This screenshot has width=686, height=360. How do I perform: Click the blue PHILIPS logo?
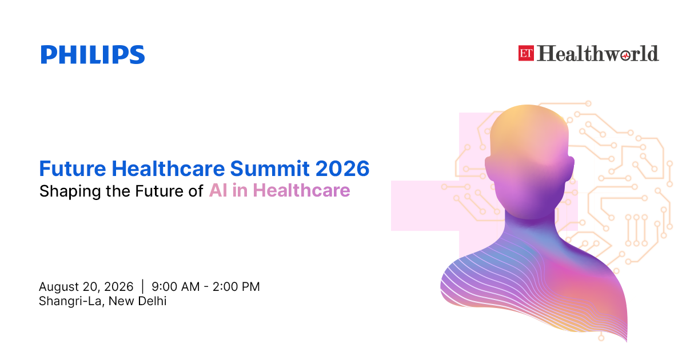[93, 54]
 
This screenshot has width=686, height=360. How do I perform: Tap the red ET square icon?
[526, 53]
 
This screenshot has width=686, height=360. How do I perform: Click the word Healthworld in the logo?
[597, 53]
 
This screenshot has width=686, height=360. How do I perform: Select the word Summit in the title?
[270, 169]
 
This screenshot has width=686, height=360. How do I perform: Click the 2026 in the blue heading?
[342, 169]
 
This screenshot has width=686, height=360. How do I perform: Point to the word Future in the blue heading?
[73, 169]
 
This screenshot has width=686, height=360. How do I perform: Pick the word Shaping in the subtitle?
[70, 191]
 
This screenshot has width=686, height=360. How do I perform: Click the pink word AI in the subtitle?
[218, 190]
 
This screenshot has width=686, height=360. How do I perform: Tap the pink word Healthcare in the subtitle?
[301, 190]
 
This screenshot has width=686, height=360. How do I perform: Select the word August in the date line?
[59, 287]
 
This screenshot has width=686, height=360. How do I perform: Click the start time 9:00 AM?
[176, 287]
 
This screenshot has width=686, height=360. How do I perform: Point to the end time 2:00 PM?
[236, 287]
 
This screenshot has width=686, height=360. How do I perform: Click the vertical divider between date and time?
[143, 286]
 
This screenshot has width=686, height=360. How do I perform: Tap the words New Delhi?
[138, 301]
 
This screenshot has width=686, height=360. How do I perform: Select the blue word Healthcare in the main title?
[168, 169]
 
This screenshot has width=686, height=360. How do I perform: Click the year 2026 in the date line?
[119, 287]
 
